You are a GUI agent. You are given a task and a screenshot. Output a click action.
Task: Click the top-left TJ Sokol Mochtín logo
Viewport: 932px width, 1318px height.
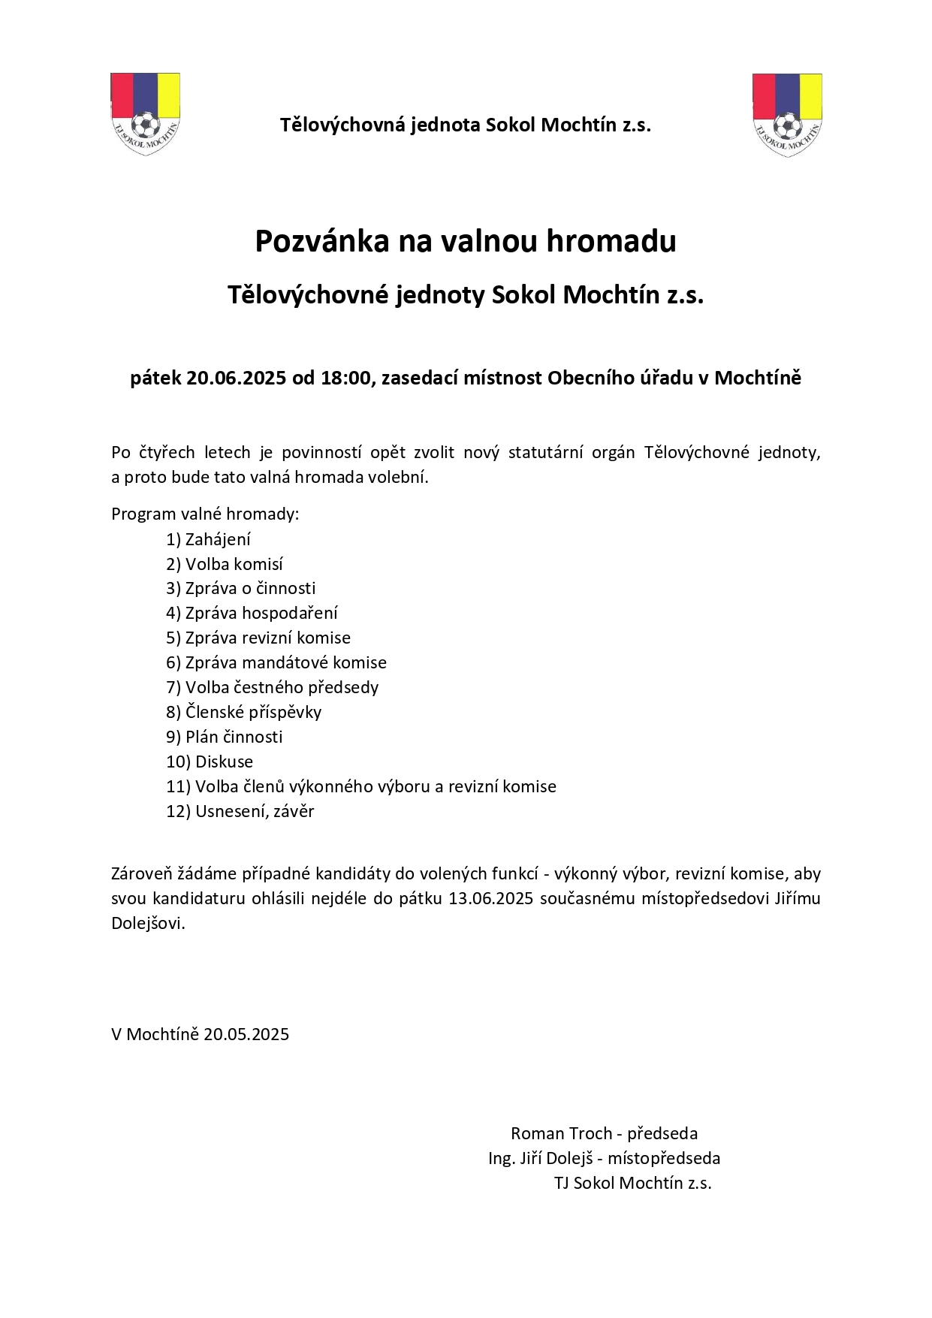click(145, 114)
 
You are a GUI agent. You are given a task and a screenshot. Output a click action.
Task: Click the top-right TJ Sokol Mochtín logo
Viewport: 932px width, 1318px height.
click(786, 114)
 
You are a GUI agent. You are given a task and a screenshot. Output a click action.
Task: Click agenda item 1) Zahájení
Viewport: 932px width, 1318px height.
click(209, 539)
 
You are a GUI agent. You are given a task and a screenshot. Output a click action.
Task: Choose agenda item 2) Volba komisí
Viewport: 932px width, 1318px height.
click(225, 564)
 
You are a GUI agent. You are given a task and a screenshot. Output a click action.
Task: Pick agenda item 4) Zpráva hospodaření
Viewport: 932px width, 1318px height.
click(252, 613)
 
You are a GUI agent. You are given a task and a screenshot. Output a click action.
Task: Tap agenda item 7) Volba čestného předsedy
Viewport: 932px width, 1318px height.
click(272, 687)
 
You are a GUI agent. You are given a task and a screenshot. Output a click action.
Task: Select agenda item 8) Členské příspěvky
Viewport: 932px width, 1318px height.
click(243, 712)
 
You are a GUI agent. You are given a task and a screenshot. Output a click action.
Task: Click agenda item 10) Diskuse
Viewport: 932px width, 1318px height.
click(210, 762)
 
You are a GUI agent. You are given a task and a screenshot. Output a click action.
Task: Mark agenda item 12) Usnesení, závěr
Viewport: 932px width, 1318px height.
click(240, 811)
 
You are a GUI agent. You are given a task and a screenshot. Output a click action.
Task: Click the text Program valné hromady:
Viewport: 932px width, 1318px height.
click(205, 514)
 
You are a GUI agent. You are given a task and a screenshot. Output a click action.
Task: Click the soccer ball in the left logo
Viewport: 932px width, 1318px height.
click(145, 122)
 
